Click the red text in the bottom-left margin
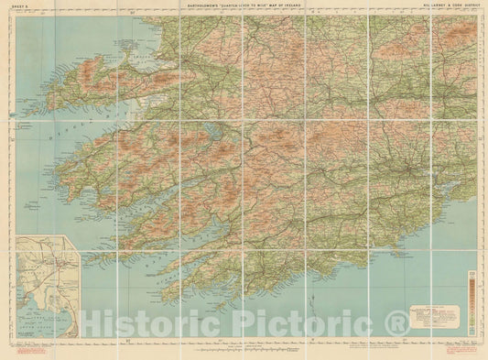[x=26, y=350]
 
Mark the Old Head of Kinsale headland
[x=394, y=229]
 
